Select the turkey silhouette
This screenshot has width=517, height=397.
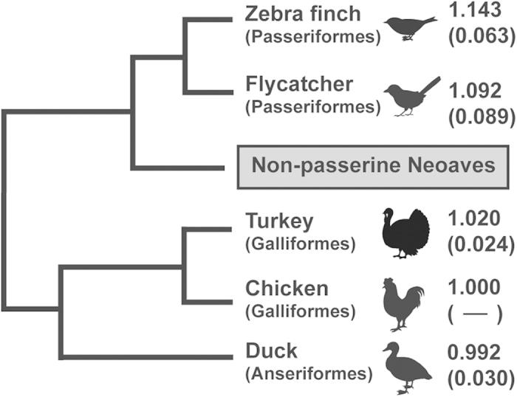point(405,232)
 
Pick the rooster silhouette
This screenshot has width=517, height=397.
point(403,302)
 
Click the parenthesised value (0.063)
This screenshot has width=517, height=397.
point(478,37)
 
